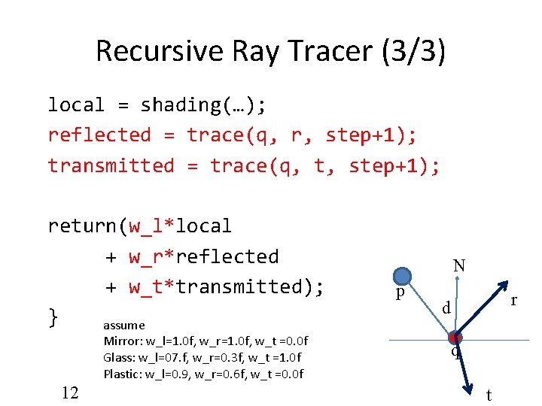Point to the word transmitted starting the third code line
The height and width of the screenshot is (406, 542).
tap(111, 165)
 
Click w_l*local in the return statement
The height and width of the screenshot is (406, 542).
tap(180, 226)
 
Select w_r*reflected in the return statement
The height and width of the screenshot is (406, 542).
tap(203, 256)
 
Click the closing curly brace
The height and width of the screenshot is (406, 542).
tap(53, 317)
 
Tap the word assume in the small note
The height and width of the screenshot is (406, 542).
tap(124, 325)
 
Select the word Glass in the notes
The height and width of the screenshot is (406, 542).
tap(119, 357)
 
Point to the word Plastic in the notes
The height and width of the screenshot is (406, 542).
tap(122, 374)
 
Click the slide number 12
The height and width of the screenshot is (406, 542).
tap(70, 392)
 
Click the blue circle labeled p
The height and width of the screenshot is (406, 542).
tap(403, 277)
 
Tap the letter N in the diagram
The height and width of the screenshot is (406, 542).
tap(458, 265)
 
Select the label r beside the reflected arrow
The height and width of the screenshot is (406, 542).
tap(513, 300)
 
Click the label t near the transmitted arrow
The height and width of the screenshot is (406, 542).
tap(489, 395)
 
